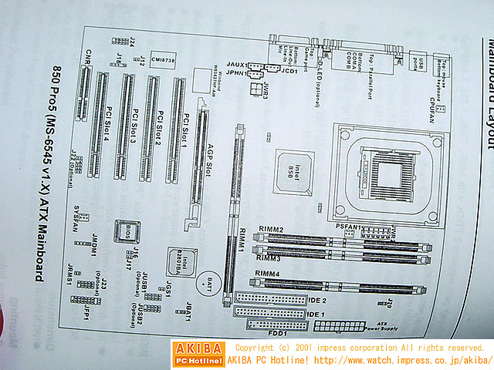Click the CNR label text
(x=90, y=55)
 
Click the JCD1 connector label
(x=290, y=72)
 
